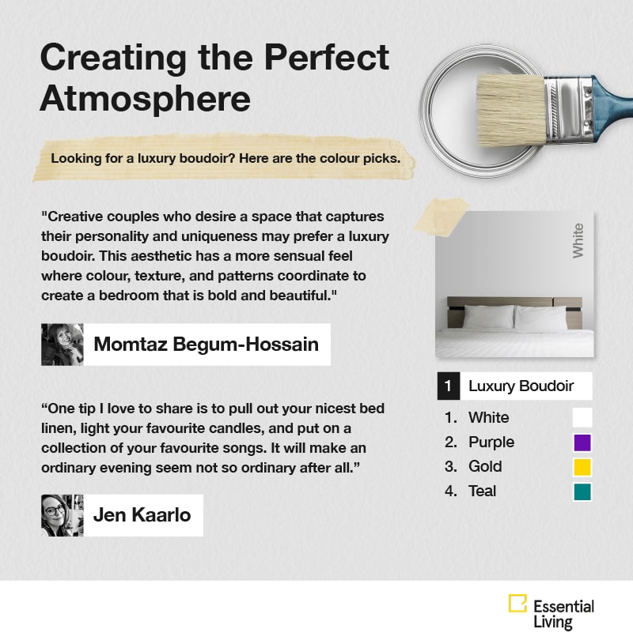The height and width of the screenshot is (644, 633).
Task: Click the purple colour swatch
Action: [582, 443]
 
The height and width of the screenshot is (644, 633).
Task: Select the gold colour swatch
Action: [582, 467]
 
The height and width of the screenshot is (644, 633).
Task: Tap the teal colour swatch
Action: [582, 492]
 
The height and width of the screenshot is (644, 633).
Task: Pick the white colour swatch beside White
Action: [582, 418]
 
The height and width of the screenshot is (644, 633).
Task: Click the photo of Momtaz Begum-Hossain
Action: [62, 345]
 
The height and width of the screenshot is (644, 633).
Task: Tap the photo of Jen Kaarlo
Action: [62, 515]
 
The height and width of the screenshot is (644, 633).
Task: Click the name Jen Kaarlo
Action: [142, 515]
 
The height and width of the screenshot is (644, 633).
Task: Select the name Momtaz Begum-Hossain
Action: [206, 345]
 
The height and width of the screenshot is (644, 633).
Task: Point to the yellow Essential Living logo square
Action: [517, 603]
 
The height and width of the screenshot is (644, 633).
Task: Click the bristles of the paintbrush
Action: [511, 110]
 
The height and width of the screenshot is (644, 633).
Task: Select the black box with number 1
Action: [449, 386]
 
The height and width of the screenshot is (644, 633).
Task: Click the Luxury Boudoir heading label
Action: [521, 386]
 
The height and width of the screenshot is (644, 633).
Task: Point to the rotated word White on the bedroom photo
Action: [578, 241]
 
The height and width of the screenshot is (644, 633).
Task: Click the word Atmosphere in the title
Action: [145, 99]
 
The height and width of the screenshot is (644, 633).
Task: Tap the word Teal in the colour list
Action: [482, 491]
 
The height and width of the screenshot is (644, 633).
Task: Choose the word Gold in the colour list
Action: [485, 466]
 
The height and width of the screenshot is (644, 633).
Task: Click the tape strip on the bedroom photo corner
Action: [442, 217]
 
